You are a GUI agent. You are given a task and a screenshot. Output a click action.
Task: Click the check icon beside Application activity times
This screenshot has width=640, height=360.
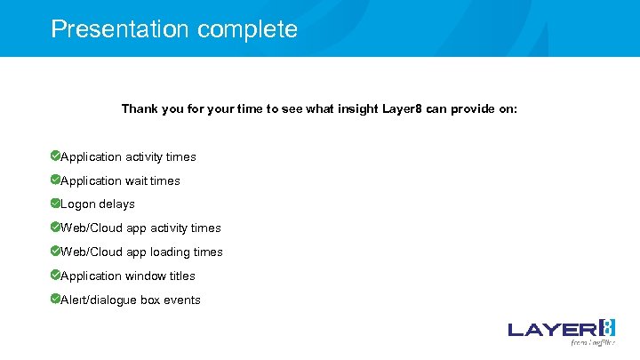(55, 156)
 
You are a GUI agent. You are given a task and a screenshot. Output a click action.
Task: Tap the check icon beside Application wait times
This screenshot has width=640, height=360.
(55, 180)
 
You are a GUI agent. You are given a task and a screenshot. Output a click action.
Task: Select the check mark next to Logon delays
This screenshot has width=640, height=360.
(55, 203)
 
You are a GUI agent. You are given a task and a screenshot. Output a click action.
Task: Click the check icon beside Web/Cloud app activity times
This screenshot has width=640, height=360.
(55, 227)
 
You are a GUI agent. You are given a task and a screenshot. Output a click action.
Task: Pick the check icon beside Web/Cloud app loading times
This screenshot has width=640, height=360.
(55, 251)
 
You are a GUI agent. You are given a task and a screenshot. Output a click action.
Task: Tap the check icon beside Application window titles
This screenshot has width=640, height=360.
(55, 275)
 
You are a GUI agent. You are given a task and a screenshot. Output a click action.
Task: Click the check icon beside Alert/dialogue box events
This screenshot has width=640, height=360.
(55, 299)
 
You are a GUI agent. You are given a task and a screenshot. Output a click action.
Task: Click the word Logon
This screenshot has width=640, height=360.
(79, 204)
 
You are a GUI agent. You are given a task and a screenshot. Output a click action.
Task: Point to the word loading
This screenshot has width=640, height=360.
(172, 252)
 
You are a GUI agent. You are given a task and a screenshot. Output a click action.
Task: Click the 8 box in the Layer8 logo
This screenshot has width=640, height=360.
(606, 327)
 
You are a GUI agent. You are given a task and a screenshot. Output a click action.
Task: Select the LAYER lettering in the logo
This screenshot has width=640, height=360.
(552, 330)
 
